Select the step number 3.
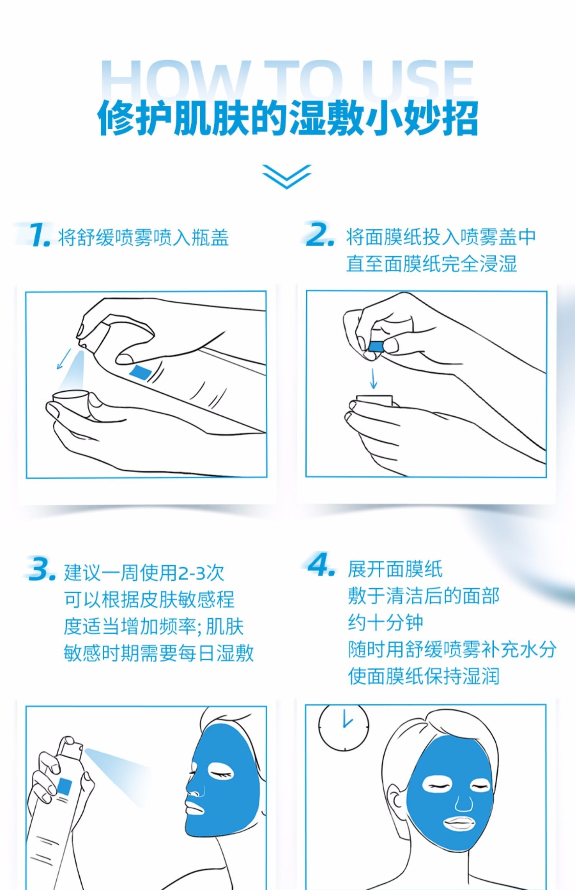(x=42, y=570)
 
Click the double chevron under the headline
(x=287, y=176)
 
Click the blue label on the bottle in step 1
(x=140, y=372)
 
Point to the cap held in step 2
(x=374, y=401)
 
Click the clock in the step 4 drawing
(x=343, y=727)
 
